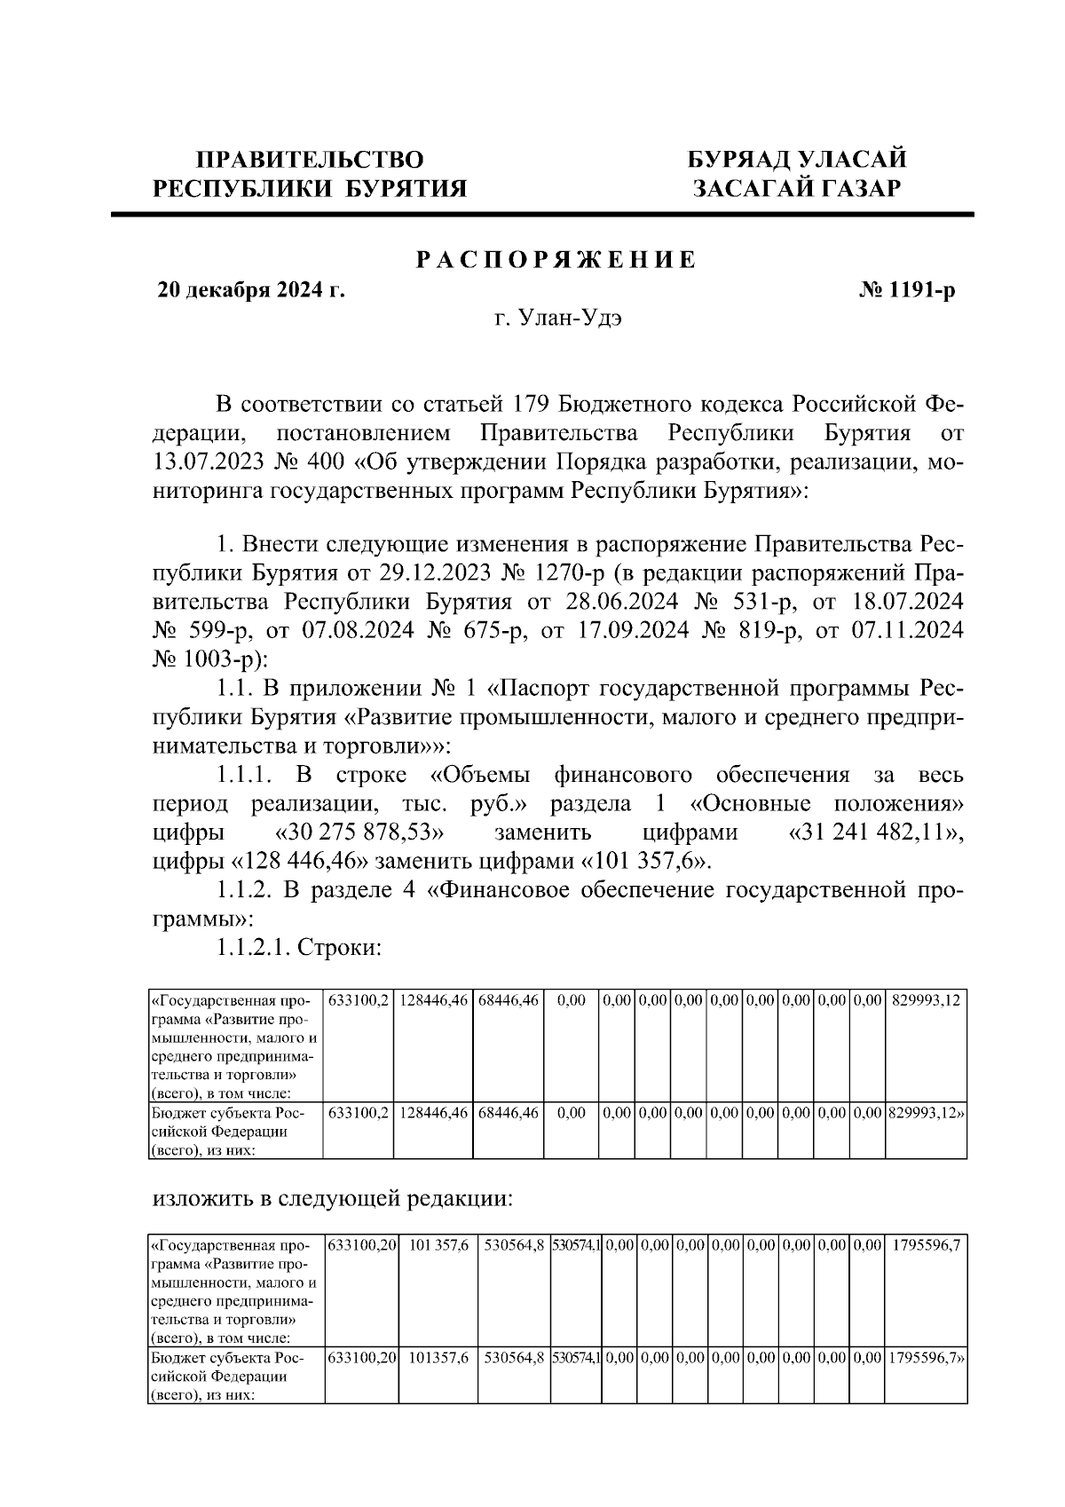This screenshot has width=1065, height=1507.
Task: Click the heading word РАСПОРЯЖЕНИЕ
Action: pos(556,260)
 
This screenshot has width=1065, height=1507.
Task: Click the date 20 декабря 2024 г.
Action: pos(251,290)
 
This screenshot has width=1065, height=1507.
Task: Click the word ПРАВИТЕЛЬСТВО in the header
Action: pos(310,160)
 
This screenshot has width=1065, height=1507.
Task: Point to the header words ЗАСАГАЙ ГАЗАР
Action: pos(797,188)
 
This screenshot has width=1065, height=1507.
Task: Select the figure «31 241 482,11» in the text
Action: pos(874,832)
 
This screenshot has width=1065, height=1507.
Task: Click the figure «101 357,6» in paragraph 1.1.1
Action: pos(647,861)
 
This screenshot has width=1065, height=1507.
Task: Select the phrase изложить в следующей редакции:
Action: pos(333,1199)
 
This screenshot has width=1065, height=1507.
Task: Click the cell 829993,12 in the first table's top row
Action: pos(926,1000)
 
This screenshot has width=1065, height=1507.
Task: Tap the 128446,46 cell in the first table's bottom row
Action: pos(433,1113)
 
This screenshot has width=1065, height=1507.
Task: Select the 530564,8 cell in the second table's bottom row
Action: pos(514,1359)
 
